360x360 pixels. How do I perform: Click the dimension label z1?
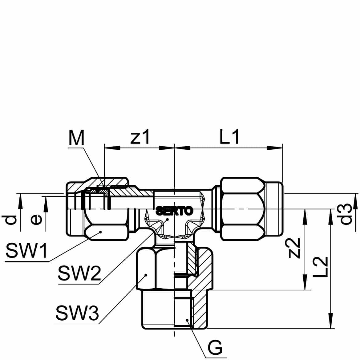(140, 137)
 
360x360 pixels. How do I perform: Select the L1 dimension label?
(230, 137)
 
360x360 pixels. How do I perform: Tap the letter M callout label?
(76, 138)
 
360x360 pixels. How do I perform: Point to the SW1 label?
(26, 251)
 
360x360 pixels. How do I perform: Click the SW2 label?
(79, 273)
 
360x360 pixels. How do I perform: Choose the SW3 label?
(77, 313)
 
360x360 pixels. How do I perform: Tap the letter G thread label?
(215, 348)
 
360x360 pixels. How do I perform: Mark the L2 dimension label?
(320, 267)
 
